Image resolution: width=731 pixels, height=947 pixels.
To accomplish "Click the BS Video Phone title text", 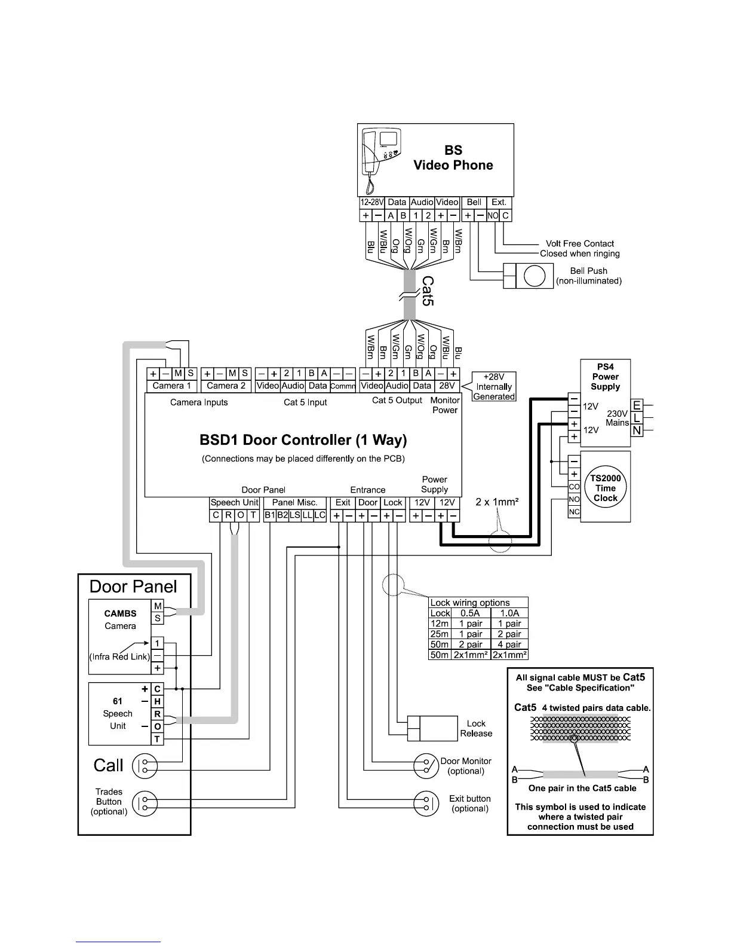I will click(x=453, y=158).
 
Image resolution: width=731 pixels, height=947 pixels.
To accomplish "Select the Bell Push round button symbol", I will click(x=534, y=276).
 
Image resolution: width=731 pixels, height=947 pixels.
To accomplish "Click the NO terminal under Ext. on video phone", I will click(x=493, y=216).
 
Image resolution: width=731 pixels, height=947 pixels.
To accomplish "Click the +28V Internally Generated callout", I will click(x=494, y=387).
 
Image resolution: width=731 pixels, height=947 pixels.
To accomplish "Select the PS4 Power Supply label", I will click(x=606, y=377).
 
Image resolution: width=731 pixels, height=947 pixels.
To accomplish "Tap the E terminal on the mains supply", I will click(x=637, y=405).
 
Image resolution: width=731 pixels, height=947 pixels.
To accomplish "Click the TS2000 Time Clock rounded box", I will click(x=605, y=488).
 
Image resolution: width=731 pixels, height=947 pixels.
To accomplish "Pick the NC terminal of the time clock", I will click(x=574, y=512).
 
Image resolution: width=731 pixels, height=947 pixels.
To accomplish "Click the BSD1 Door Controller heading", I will click(x=303, y=441).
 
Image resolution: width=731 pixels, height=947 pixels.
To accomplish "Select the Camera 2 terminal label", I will click(x=226, y=386).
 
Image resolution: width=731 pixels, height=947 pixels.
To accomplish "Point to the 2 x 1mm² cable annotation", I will click(x=497, y=502).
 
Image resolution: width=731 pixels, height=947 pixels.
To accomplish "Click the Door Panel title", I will click(x=133, y=586).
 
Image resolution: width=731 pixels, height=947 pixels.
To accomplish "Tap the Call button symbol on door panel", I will click(x=145, y=766).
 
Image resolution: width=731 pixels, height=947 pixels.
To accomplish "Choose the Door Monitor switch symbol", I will click(x=427, y=766).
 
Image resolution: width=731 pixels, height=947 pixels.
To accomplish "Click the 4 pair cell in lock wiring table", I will click(x=509, y=644).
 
